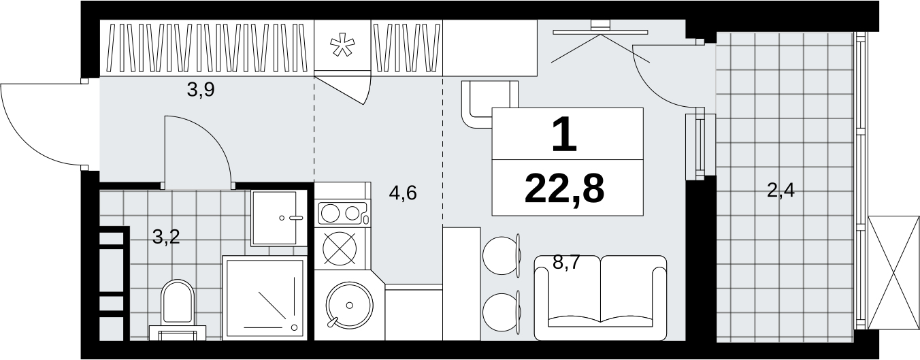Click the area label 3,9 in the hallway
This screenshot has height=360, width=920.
point(201,90)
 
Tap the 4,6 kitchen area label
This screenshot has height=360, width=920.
point(403,193)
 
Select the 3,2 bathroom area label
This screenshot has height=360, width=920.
point(166,237)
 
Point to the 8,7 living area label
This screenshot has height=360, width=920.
point(566,262)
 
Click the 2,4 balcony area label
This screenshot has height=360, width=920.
point(781,191)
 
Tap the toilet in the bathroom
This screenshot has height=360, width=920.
point(178,304)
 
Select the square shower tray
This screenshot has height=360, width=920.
point(265,298)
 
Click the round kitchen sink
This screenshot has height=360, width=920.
point(350,306)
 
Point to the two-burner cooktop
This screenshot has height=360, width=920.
point(342,213)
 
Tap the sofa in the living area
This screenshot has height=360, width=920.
point(600,298)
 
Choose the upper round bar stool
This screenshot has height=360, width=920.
point(500,256)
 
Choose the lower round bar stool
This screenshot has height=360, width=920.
point(500,312)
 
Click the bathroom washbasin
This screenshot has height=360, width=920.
point(280,218)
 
